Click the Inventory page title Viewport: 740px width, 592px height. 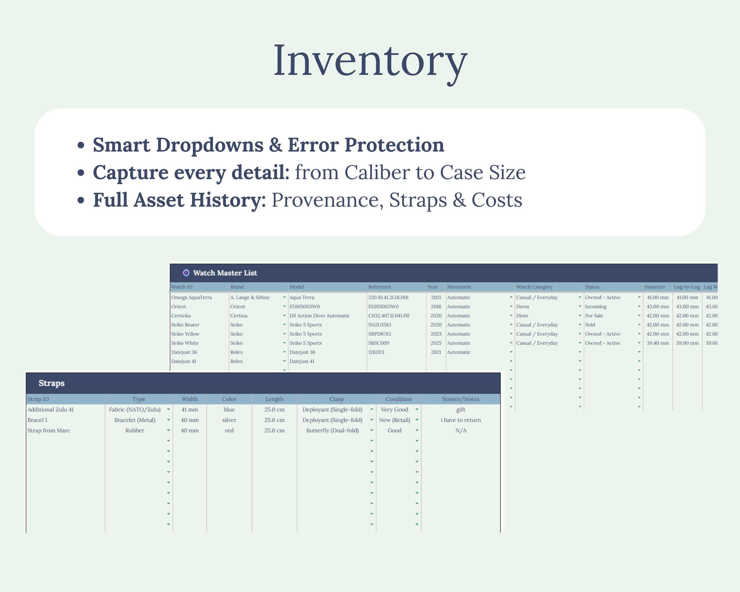(370, 62)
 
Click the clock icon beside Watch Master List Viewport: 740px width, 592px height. (186, 273)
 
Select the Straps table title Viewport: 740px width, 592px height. (52, 383)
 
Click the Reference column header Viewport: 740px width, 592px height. (379, 287)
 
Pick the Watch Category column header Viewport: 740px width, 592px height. (534, 287)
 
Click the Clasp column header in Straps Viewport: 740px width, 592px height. (336, 399)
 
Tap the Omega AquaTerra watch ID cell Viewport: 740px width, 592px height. (192, 297)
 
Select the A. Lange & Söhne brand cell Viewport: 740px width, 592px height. (250, 297)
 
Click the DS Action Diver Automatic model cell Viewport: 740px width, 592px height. (320, 316)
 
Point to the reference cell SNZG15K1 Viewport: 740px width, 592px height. (379, 325)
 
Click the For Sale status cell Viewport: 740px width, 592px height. (594, 316)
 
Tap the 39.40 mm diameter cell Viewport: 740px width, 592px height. (658, 343)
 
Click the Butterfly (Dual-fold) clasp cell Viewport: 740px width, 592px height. (332, 431)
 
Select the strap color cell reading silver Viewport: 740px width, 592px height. (229, 420)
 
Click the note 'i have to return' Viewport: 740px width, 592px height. (461, 420)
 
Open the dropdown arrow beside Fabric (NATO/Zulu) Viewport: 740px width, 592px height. (168, 410)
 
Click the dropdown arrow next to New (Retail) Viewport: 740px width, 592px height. (417, 420)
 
